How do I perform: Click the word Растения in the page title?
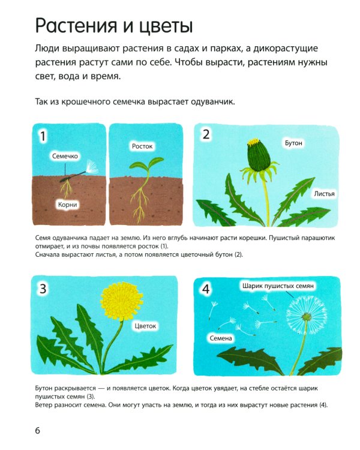pyautogui.click(x=76, y=26)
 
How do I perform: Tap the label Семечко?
pyautogui.click(x=65, y=156)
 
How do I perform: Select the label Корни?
pyautogui.click(x=67, y=205)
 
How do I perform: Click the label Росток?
pyautogui.click(x=142, y=146)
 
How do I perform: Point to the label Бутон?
pyautogui.click(x=293, y=143)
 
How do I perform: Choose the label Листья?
pyautogui.click(x=324, y=194)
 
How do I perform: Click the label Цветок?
pyautogui.click(x=145, y=326)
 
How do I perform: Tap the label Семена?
pyautogui.click(x=220, y=338)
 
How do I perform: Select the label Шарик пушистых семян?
pyautogui.click(x=278, y=286)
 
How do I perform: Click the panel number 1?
pyautogui.click(x=43, y=136)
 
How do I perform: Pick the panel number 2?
pyautogui.click(x=206, y=134)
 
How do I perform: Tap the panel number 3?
pyautogui.click(x=43, y=288)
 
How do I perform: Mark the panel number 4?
pyautogui.click(x=206, y=289)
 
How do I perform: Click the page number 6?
pyautogui.click(x=38, y=430)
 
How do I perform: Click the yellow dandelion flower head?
pyautogui.click(x=122, y=301)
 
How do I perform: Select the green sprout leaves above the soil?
pyautogui.click(x=146, y=164)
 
